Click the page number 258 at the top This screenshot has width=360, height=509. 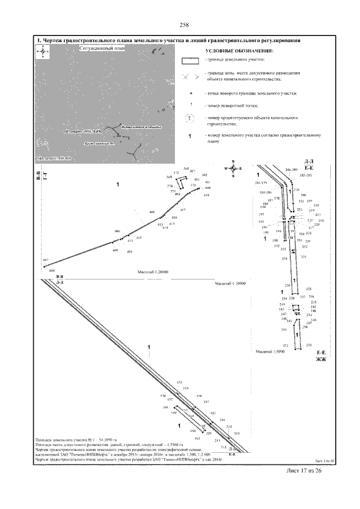183,24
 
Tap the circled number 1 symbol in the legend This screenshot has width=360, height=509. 191,118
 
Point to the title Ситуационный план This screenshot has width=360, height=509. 102,49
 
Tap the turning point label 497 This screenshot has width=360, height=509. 46,260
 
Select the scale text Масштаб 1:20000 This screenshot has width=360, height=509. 154,272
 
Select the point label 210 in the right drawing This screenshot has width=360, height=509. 296,190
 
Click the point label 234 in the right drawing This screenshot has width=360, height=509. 284,258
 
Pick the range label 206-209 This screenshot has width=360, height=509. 291,169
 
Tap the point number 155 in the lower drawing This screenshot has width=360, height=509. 179,382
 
